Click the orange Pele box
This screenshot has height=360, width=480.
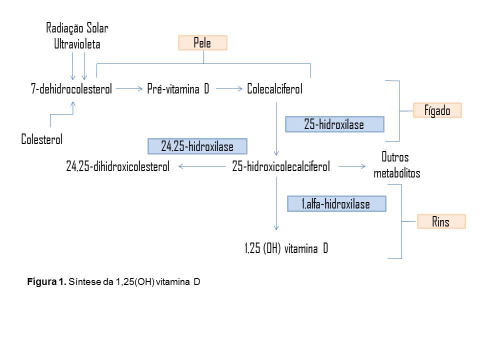click(202, 42)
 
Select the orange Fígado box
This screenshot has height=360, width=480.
click(437, 110)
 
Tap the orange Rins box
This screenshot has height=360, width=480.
click(441, 221)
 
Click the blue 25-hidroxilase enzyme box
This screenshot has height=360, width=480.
click(334, 124)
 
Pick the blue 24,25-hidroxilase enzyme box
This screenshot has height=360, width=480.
click(197, 146)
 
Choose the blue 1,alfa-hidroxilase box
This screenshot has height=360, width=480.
click(336, 204)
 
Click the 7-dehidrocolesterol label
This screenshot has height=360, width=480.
click(71, 89)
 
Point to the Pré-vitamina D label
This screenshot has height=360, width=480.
click(178, 89)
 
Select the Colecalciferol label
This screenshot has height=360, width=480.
click(274, 89)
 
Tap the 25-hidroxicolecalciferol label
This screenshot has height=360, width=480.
click(281, 166)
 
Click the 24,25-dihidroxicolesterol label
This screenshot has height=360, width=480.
click(118, 166)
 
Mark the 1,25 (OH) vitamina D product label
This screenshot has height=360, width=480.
click(286, 248)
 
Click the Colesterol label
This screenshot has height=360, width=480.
click(41, 139)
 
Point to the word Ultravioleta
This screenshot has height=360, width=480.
click(77, 44)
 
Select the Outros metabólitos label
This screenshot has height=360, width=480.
click(396, 165)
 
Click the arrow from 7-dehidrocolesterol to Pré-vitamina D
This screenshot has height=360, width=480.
click(129, 89)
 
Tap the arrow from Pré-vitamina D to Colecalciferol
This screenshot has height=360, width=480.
click(229, 89)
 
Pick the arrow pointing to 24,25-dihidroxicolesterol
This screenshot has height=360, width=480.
click(202, 166)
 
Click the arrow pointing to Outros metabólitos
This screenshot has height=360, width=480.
click(352, 166)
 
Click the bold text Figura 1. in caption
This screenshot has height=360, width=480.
click(46, 281)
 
